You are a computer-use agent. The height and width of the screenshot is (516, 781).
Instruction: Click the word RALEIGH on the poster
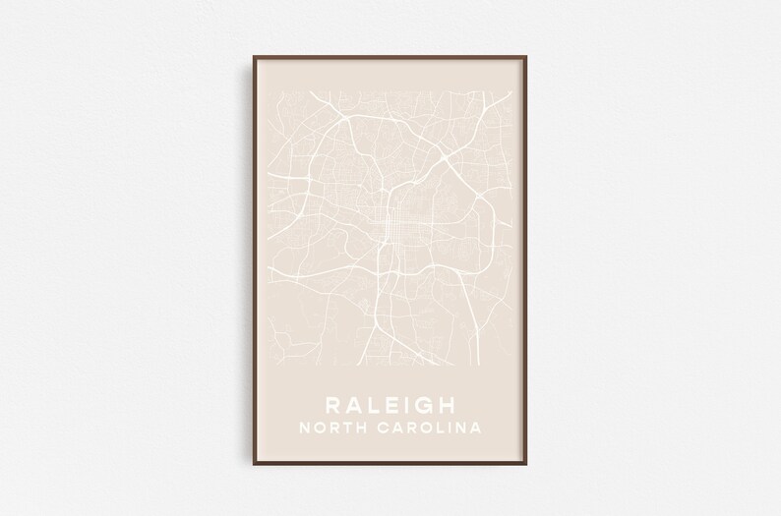click(390, 405)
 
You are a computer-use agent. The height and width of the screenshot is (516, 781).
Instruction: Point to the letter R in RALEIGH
click(331, 405)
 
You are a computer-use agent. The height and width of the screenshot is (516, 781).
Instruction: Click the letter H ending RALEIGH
click(450, 405)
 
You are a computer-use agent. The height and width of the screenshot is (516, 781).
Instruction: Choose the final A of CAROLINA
click(475, 429)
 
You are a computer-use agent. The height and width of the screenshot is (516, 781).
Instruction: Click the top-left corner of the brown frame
click(240, 56)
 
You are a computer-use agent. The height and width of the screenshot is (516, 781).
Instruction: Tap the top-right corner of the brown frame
click(541, 56)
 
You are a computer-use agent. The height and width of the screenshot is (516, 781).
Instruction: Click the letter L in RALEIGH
click(373, 405)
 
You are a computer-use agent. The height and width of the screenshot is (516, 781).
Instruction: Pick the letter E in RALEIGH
click(390, 405)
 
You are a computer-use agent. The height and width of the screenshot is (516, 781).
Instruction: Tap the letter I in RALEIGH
click(406, 405)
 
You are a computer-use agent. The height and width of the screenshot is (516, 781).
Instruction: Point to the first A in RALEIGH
click(352, 405)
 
